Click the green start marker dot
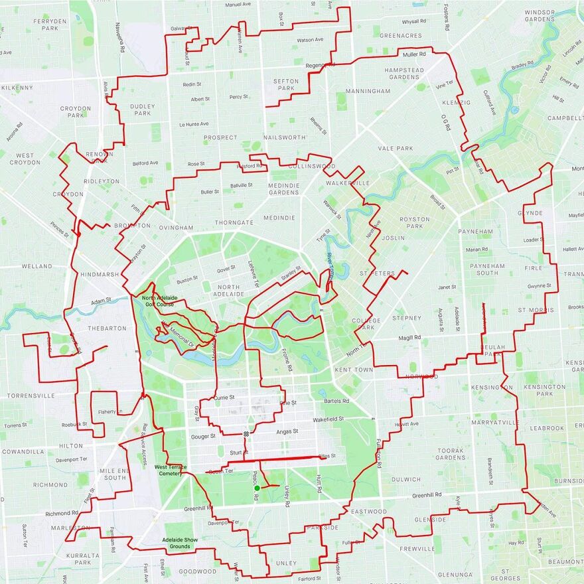point(257,488)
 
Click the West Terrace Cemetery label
point(171,470)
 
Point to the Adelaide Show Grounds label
point(180,543)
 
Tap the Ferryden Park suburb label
point(50,25)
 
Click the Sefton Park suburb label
point(286,84)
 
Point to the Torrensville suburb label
point(31,396)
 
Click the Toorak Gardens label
point(451,454)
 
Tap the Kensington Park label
point(544,390)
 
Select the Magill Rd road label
point(409,338)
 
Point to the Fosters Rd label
point(446,19)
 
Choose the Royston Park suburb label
point(415,222)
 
